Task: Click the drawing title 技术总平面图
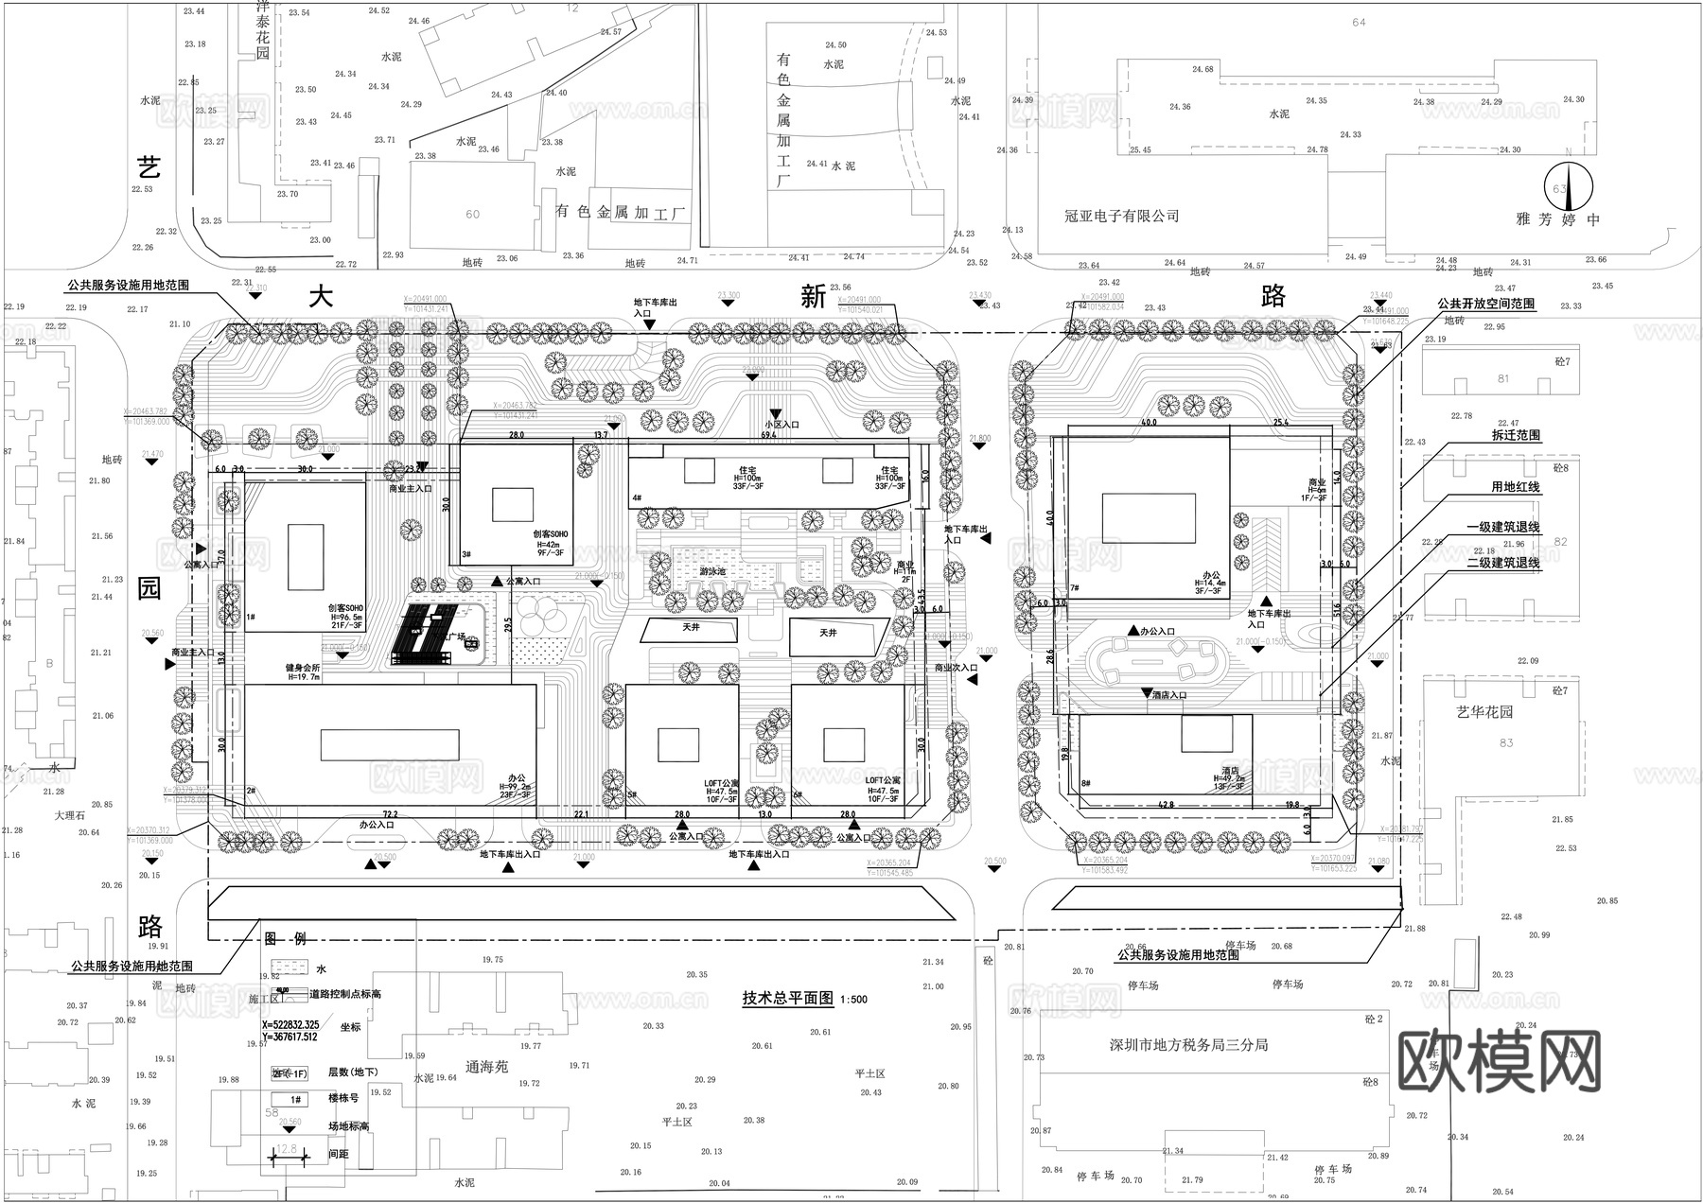(787, 998)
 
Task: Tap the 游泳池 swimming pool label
(713, 572)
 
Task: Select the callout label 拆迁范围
(1515, 435)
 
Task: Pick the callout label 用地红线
(1515, 487)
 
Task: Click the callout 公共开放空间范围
(1485, 305)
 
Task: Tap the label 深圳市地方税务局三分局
(1188, 1045)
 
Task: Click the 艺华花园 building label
(1484, 712)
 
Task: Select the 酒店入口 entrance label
(1169, 695)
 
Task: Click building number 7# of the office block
(1075, 588)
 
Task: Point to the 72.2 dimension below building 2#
(389, 813)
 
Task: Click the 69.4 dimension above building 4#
(769, 436)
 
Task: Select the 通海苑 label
(487, 1066)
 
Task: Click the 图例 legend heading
(285, 938)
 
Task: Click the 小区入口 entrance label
(781, 426)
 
